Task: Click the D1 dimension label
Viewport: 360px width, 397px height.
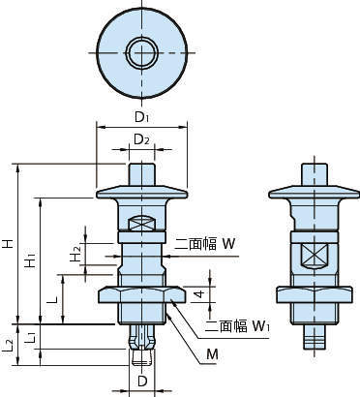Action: [141, 117]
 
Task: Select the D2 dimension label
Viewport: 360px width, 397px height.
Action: [141, 139]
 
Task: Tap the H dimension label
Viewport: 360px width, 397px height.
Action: [9, 243]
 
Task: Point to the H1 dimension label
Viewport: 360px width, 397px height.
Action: [30, 260]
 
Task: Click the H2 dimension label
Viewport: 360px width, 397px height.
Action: [75, 254]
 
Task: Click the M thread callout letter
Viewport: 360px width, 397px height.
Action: [212, 354]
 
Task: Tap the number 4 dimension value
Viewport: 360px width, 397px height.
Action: [200, 294]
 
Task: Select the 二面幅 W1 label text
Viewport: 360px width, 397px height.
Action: [238, 326]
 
